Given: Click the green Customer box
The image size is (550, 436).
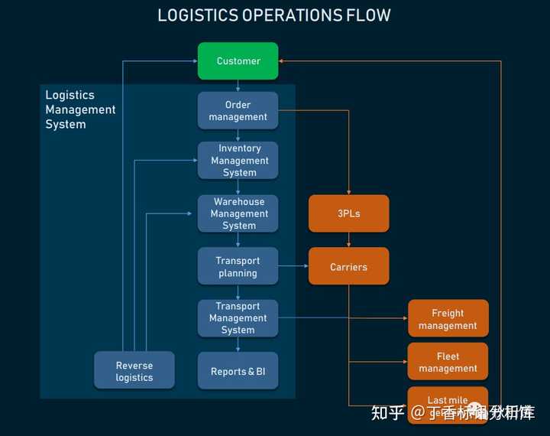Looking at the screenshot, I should [x=238, y=61].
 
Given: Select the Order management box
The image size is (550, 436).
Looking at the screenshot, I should [x=238, y=111].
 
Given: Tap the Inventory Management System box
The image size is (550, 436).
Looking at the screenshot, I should [x=238, y=161].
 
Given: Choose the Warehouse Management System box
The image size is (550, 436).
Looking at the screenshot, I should [x=238, y=213].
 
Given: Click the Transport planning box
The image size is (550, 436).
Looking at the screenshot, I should [x=238, y=267].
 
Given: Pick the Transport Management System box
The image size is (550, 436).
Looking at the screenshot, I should [x=238, y=318].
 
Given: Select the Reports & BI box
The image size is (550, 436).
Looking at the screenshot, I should [x=238, y=372].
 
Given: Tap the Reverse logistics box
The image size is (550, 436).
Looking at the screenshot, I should [x=134, y=371].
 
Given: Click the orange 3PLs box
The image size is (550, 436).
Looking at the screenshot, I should [x=348, y=213].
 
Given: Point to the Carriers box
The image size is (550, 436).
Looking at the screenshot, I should [x=348, y=267].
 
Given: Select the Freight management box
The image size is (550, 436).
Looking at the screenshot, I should [x=448, y=319].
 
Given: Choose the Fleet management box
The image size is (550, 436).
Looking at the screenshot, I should [x=448, y=362].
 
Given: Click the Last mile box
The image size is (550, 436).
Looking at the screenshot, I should [x=448, y=401].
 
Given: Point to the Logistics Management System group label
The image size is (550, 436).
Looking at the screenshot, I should [x=79, y=109].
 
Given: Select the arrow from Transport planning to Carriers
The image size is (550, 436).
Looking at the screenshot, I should [x=293, y=266].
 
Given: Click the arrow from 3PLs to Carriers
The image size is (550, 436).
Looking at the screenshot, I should [x=349, y=240].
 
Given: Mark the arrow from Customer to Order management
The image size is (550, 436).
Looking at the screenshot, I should [x=238, y=86].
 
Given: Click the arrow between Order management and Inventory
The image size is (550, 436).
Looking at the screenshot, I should [x=238, y=135].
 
